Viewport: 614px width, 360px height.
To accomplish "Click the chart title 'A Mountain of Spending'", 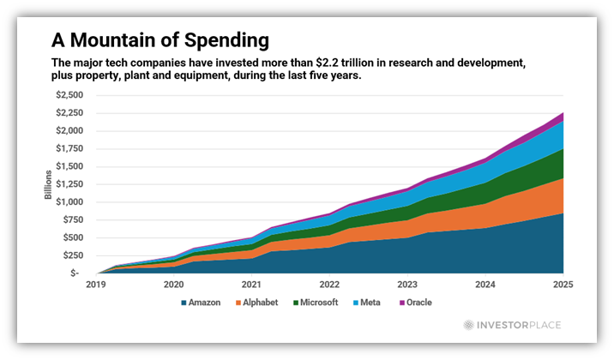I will click(160, 40).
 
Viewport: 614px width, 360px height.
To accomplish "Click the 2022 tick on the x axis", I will click(328, 284).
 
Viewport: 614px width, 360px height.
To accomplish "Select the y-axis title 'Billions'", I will click(49, 184).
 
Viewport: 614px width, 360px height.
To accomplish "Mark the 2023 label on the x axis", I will click(406, 284).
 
